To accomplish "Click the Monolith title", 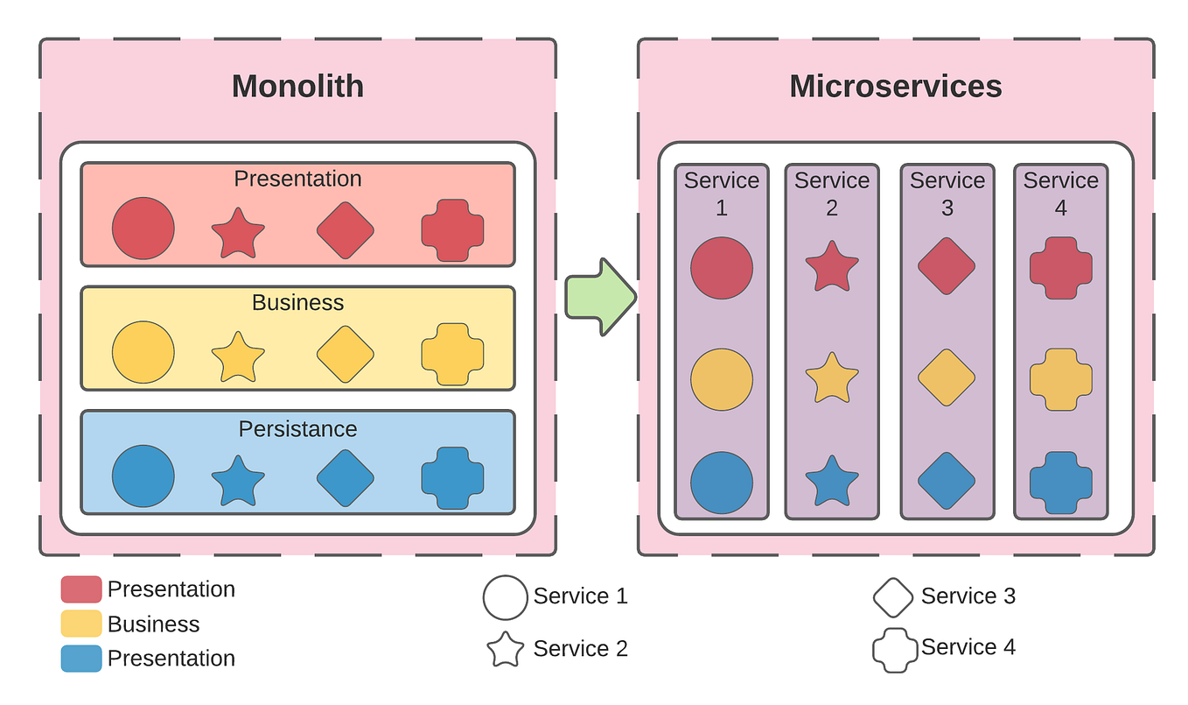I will click(297, 87).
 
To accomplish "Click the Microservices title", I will click(895, 87).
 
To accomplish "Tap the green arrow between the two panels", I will click(600, 296).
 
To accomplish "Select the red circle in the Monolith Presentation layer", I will click(143, 229).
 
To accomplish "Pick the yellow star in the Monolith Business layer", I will click(238, 357).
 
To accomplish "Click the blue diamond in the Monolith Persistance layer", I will click(345, 478).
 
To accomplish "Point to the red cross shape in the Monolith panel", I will click(452, 229).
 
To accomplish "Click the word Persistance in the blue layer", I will click(297, 429).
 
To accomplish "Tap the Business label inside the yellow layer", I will click(297, 303).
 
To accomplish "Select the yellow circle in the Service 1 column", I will click(721, 380).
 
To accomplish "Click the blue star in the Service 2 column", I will click(831, 481).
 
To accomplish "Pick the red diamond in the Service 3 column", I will click(946, 265).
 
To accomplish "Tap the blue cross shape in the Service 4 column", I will click(1060, 483).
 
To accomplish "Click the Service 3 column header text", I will click(947, 194).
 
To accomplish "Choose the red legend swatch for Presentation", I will click(81, 589).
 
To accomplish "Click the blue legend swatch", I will click(81, 659).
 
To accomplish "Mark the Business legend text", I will click(153, 624).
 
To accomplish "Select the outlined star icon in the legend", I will click(505, 649).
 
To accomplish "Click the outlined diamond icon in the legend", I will click(893, 597).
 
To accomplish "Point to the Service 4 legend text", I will click(968, 647).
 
